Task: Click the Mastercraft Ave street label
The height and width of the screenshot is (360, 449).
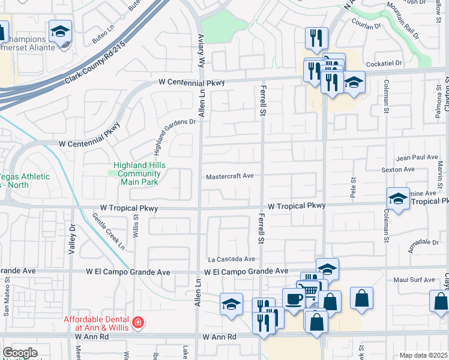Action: tap(230, 177)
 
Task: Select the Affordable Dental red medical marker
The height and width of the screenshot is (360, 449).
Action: tap(139, 323)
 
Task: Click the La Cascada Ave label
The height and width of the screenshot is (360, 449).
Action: tap(232, 259)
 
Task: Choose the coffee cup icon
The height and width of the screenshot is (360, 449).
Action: tap(294, 298)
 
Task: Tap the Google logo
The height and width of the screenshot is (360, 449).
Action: tap(20, 353)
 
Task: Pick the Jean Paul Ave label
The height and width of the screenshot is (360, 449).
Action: tap(418, 157)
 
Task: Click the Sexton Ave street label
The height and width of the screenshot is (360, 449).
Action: tap(398, 170)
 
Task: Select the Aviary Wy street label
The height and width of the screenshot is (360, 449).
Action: tap(201, 47)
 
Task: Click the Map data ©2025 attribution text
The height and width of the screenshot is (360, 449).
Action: tap(424, 355)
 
